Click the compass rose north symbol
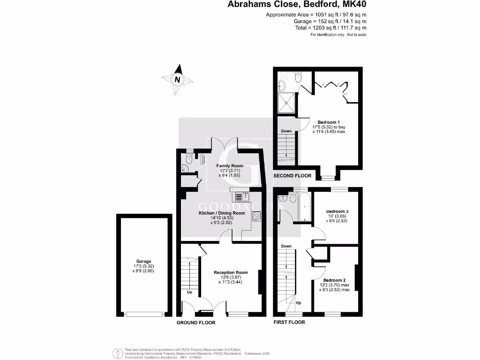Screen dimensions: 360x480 (x=178, y=80)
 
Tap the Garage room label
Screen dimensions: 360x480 (x=144, y=262)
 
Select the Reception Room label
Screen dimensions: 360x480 (x=230, y=272)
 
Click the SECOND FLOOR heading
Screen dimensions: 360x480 (x=292, y=176)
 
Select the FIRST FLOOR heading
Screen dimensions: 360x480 (x=289, y=322)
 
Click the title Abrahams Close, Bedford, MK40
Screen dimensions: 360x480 (x=297, y=5)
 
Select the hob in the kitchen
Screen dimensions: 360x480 (x=256, y=216)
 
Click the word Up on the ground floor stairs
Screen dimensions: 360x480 (x=190, y=292)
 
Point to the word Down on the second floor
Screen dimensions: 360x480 (x=286, y=131)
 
